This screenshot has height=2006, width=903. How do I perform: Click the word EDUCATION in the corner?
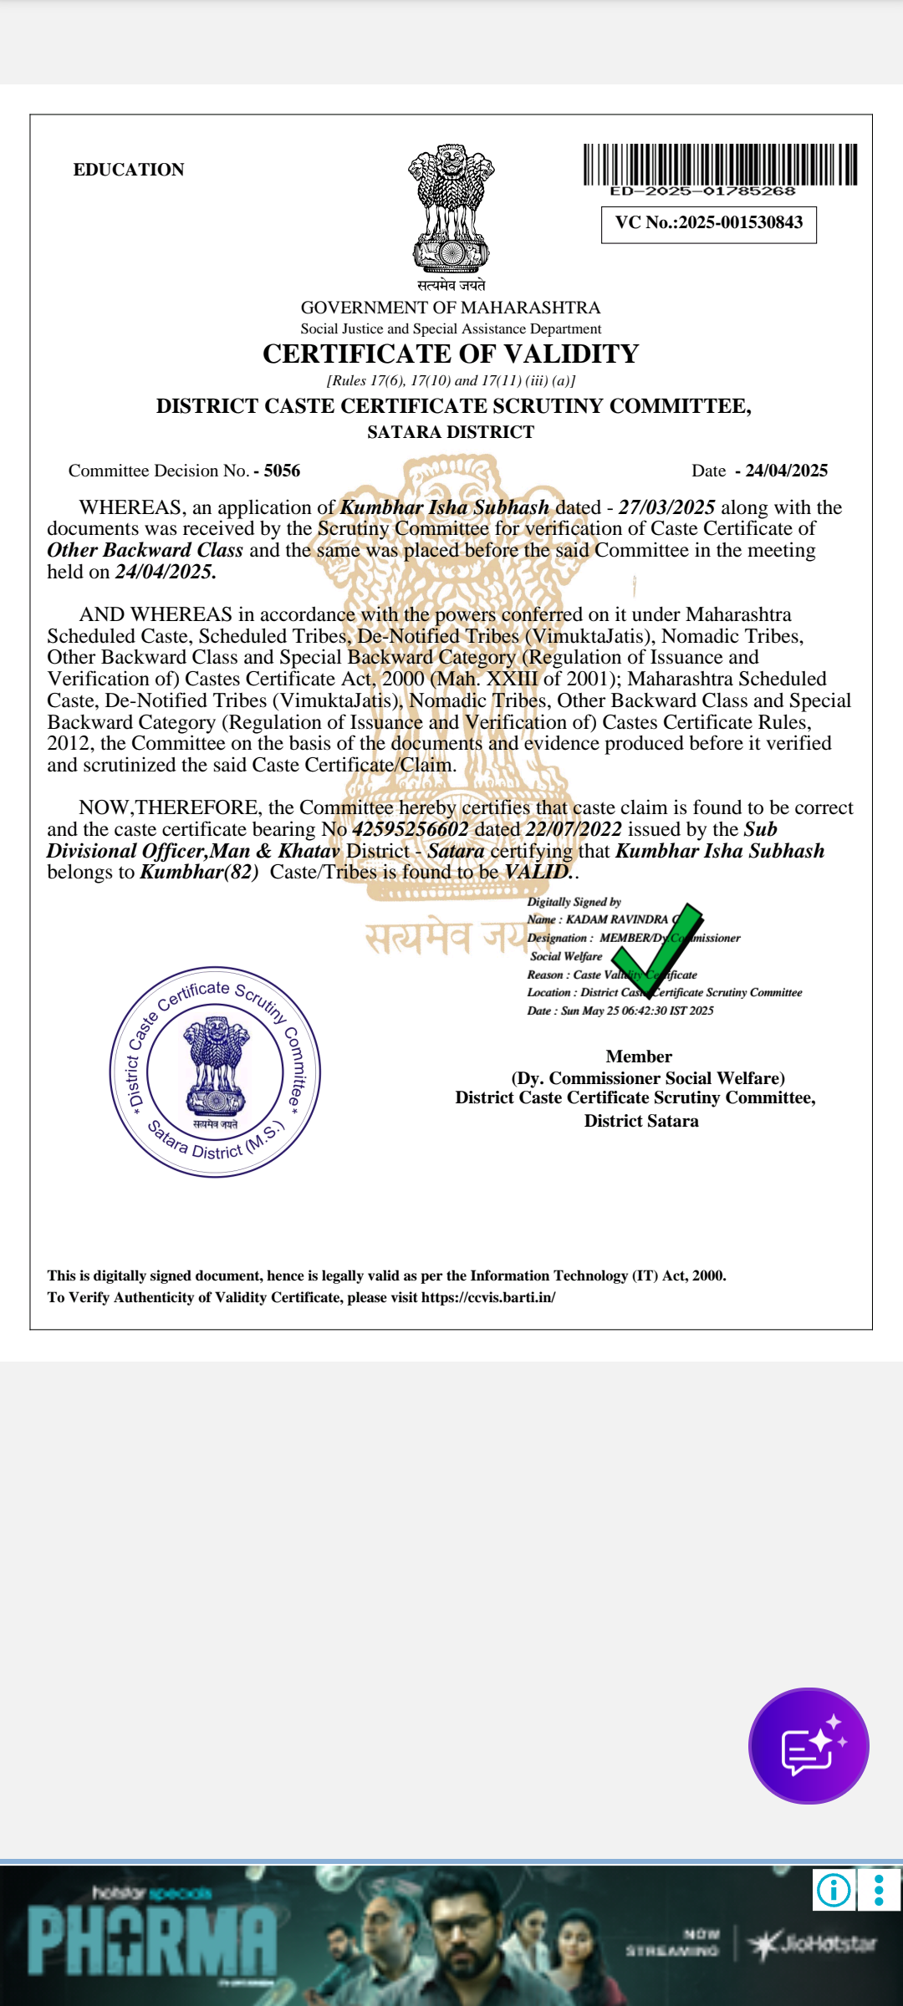(129, 170)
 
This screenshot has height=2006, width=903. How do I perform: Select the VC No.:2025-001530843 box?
(709, 223)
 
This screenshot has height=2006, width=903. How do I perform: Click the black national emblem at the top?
(451, 209)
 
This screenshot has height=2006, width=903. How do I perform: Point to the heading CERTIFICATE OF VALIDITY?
(451, 354)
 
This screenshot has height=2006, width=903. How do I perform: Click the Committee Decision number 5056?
(282, 471)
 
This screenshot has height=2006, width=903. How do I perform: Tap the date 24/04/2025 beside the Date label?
(786, 471)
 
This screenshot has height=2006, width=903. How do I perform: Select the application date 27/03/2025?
(666, 507)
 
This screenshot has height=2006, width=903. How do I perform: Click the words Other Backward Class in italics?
(145, 550)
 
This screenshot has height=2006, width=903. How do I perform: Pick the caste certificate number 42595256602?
(411, 829)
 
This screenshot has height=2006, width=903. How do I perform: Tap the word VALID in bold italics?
(537, 872)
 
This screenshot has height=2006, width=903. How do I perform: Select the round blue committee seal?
(215, 1072)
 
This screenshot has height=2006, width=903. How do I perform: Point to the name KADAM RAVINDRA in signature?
(617, 919)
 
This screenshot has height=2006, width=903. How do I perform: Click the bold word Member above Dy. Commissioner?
(639, 1056)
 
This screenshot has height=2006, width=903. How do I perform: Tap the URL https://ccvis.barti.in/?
(488, 1297)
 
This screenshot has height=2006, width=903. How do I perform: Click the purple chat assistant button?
(809, 1746)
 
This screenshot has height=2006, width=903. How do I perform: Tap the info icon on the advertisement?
(834, 1889)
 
